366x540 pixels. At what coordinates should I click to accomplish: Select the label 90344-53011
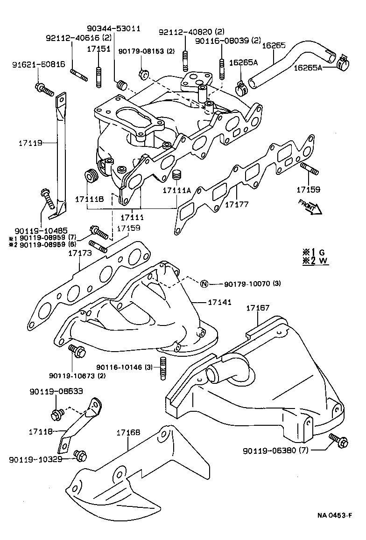point(113,29)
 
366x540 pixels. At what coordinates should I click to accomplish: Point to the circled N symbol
point(204,284)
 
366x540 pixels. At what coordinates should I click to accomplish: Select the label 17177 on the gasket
point(237,204)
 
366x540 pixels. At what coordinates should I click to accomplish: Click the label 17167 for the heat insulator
point(258,308)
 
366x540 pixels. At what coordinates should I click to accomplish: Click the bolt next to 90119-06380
point(337,440)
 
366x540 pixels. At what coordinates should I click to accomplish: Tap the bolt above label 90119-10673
point(76,351)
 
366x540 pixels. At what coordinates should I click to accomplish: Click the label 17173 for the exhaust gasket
point(79,253)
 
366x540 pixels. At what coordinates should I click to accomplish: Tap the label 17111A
point(177,191)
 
